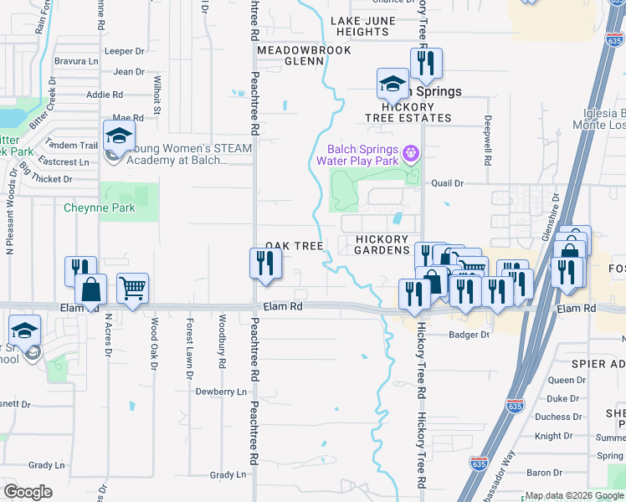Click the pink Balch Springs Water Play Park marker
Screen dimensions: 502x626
[x=410, y=153]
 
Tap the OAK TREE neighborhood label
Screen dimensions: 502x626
[x=294, y=246]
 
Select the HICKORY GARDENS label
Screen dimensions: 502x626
[x=382, y=244]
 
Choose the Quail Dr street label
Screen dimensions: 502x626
[x=447, y=183]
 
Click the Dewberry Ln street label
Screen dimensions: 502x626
[x=221, y=392]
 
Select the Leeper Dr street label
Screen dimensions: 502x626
[x=125, y=51]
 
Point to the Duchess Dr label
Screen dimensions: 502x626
[x=557, y=417]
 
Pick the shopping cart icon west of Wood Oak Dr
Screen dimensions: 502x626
[x=133, y=289]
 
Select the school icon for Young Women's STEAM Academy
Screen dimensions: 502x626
[x=120, y=136]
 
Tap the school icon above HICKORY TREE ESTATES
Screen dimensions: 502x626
[x=393, y=84]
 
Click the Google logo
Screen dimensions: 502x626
[x=28, y=492]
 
